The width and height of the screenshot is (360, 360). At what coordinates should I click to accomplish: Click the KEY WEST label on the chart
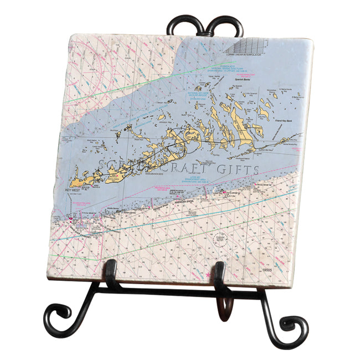click(x=73, y=190)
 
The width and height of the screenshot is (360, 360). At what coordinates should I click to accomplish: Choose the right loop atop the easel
click(x=227, y=25)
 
